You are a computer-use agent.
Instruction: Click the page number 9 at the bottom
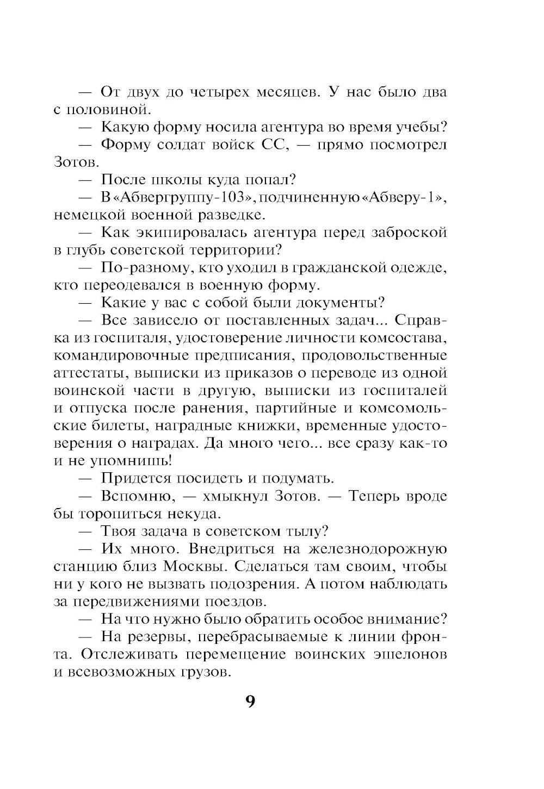pyautogui.click(x=250, y=701)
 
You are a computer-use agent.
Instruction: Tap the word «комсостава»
pyautogui.click(x=403, y=337)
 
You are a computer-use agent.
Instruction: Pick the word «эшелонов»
pyautogui.click(x=411, y=654)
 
